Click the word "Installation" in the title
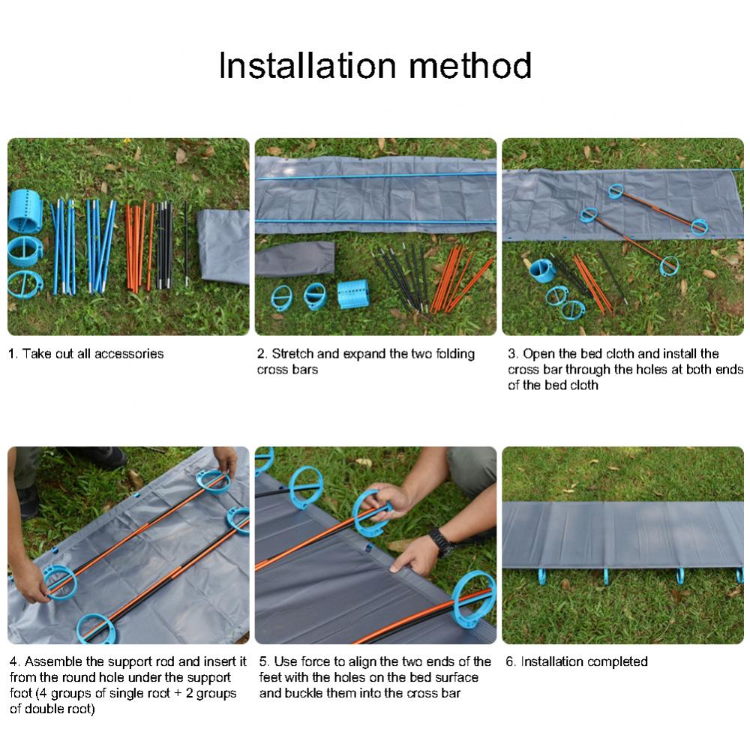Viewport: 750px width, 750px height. point(307,65)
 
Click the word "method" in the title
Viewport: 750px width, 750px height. point(470,65)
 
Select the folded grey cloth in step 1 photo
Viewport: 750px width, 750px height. point(223,245)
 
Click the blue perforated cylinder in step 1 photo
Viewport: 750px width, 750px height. point(25,211)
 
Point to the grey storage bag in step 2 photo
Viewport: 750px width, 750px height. point(295,258)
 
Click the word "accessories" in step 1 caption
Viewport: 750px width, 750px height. point(129,353)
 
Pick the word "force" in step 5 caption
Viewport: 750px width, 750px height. point(316,661)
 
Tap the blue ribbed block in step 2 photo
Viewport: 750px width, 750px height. point(353,294)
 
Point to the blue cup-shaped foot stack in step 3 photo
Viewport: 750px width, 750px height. point(543,271)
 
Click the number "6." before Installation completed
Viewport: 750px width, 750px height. point(511,661)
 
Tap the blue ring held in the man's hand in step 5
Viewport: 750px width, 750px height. point(370,512)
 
